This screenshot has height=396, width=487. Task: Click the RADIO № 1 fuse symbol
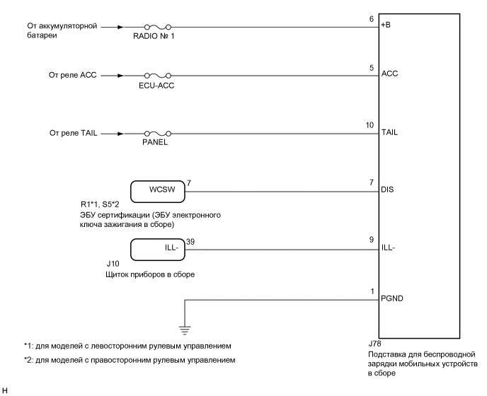tap(158, 28)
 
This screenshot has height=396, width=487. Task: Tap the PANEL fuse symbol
tap(158, 133)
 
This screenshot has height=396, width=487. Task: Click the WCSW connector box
tap(157, 191)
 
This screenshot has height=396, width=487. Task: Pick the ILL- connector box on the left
tap(157, 249)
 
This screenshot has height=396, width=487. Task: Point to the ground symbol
tap(185, 327)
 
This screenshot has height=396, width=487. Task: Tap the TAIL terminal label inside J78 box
tap(389, 131)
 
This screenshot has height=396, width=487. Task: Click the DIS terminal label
tap(387, 190)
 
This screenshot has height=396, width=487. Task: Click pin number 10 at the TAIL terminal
tap(369, 126)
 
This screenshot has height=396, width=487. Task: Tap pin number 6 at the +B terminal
tap(372, 19)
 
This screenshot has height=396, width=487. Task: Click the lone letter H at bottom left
tap(5, 390)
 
